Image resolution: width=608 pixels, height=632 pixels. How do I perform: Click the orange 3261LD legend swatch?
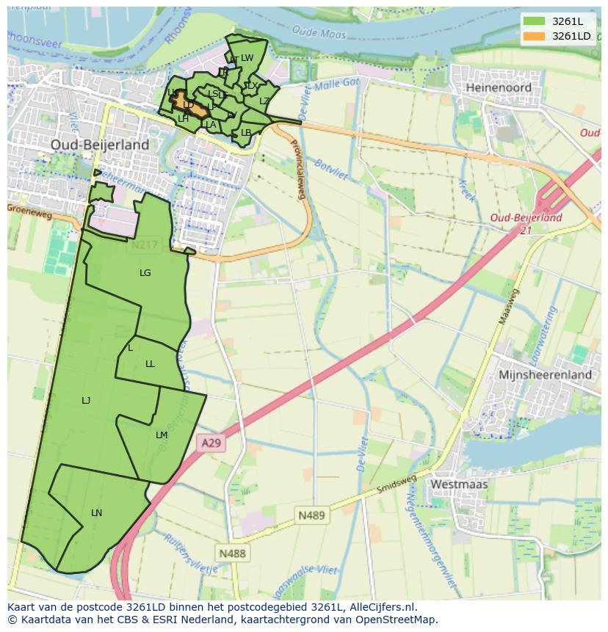[535, 36]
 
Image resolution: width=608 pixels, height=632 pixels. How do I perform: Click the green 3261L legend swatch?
[535, 21]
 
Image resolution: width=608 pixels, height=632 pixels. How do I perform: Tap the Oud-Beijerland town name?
[100, 145]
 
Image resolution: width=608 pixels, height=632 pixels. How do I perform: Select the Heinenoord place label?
[499, 87]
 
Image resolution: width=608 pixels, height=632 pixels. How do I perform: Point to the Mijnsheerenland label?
[545, 374]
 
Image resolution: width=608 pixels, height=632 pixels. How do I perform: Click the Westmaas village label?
[459, 484]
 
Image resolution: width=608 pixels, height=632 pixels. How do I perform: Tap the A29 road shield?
[211, 443]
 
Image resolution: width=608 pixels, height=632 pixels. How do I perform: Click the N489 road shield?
[311, 515]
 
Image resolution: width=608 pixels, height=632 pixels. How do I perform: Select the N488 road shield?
[232, 553]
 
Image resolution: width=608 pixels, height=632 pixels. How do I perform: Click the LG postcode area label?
[145, 273]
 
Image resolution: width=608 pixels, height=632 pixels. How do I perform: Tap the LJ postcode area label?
[86, 400]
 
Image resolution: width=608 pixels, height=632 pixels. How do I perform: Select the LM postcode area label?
[162, 435]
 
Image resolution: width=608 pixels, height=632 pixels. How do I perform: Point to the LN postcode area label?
[96, 513]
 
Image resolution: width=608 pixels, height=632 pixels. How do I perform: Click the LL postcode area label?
[151, 364]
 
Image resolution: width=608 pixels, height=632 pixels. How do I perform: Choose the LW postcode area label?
[247, 58]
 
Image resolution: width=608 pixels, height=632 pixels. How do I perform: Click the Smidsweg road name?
[397, 484]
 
